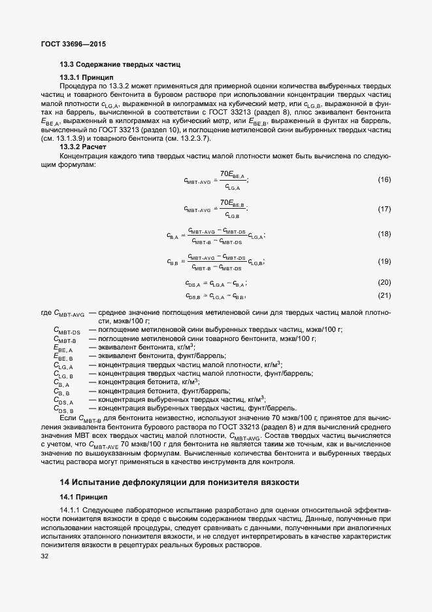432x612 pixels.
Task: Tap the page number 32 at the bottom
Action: (x=44, y=557)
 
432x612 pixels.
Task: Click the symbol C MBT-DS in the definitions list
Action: (x=67, y=330)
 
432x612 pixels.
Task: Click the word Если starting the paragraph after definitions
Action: (x=68, y=417)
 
